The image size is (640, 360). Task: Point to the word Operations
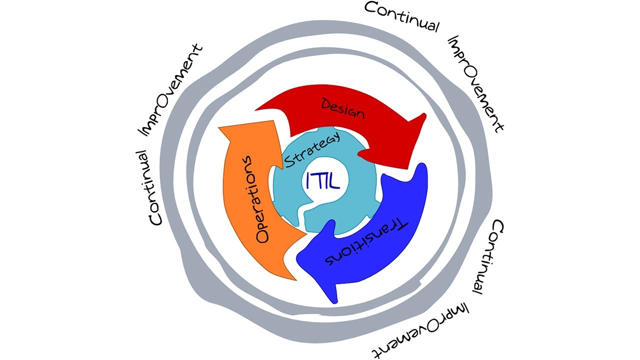pyautogui.click(x=255, y=199)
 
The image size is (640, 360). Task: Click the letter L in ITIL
pyautogui.click(x=334, y=181)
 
